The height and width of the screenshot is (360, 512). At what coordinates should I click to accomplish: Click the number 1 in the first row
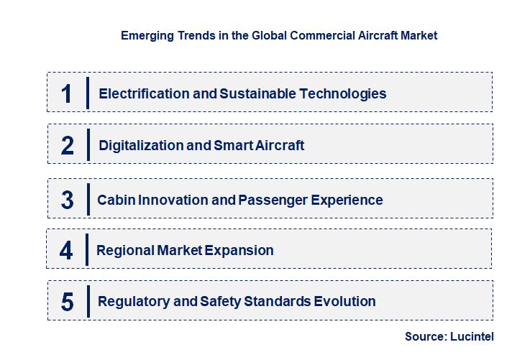[x=67, y=93]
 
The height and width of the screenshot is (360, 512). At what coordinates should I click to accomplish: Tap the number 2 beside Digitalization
[x=68, y=146]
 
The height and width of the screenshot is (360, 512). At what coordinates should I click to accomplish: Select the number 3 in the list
[x=68, y=200]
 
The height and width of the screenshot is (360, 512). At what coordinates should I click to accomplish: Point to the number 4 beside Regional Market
[x=67, y=251]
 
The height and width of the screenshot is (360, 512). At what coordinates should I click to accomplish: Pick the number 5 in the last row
[x=68, y=302]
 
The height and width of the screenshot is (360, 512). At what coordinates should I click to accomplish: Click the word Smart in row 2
[x=232, y=146]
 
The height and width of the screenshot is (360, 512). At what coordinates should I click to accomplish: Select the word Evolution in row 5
[x=344, y=302]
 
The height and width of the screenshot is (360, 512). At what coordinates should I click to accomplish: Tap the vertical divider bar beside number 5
[x=87, y=300]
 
